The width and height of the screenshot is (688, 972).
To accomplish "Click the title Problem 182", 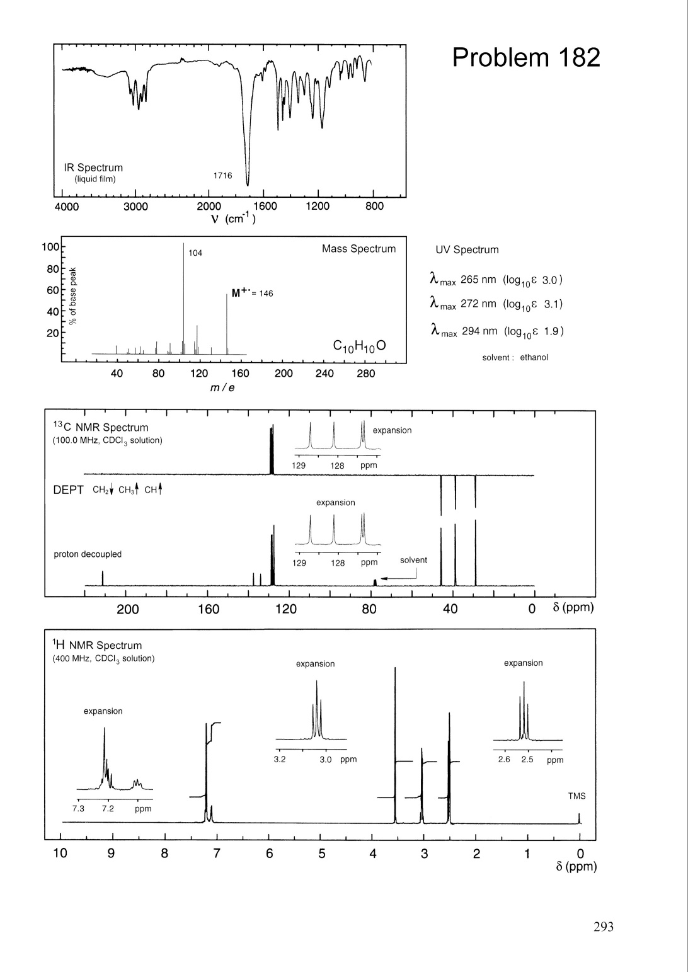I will (x=526, y=58).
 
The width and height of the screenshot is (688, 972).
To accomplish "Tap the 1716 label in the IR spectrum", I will (x=222, y=176).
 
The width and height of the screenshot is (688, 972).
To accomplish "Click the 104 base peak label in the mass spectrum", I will (x=195, y=253).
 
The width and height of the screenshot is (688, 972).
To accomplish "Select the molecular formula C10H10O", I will (x=359, y=346).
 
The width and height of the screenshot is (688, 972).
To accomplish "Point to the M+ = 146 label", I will (x=252, y=293).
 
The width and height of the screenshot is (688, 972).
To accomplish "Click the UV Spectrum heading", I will (x=467, y=249).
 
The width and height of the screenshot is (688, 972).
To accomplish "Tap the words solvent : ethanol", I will (x=515, y=357).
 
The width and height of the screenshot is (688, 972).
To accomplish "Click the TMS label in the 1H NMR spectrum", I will (x=576, y=796).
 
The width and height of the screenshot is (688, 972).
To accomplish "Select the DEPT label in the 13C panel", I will (x=69, y=490).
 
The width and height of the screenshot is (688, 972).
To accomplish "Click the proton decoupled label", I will (x=88, y=554).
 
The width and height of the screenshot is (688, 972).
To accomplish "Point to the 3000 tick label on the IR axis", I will (x=135, y=207).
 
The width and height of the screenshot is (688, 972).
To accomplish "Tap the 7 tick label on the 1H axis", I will (x=217, y=854).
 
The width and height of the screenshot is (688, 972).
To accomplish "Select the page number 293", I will (x=603, y=926).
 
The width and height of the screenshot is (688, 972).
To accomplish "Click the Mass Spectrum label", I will (x=358, y=249).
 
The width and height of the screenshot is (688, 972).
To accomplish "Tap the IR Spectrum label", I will (x=93, y=168).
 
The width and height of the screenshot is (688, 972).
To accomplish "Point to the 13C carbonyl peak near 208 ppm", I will (x=103, y=578).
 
